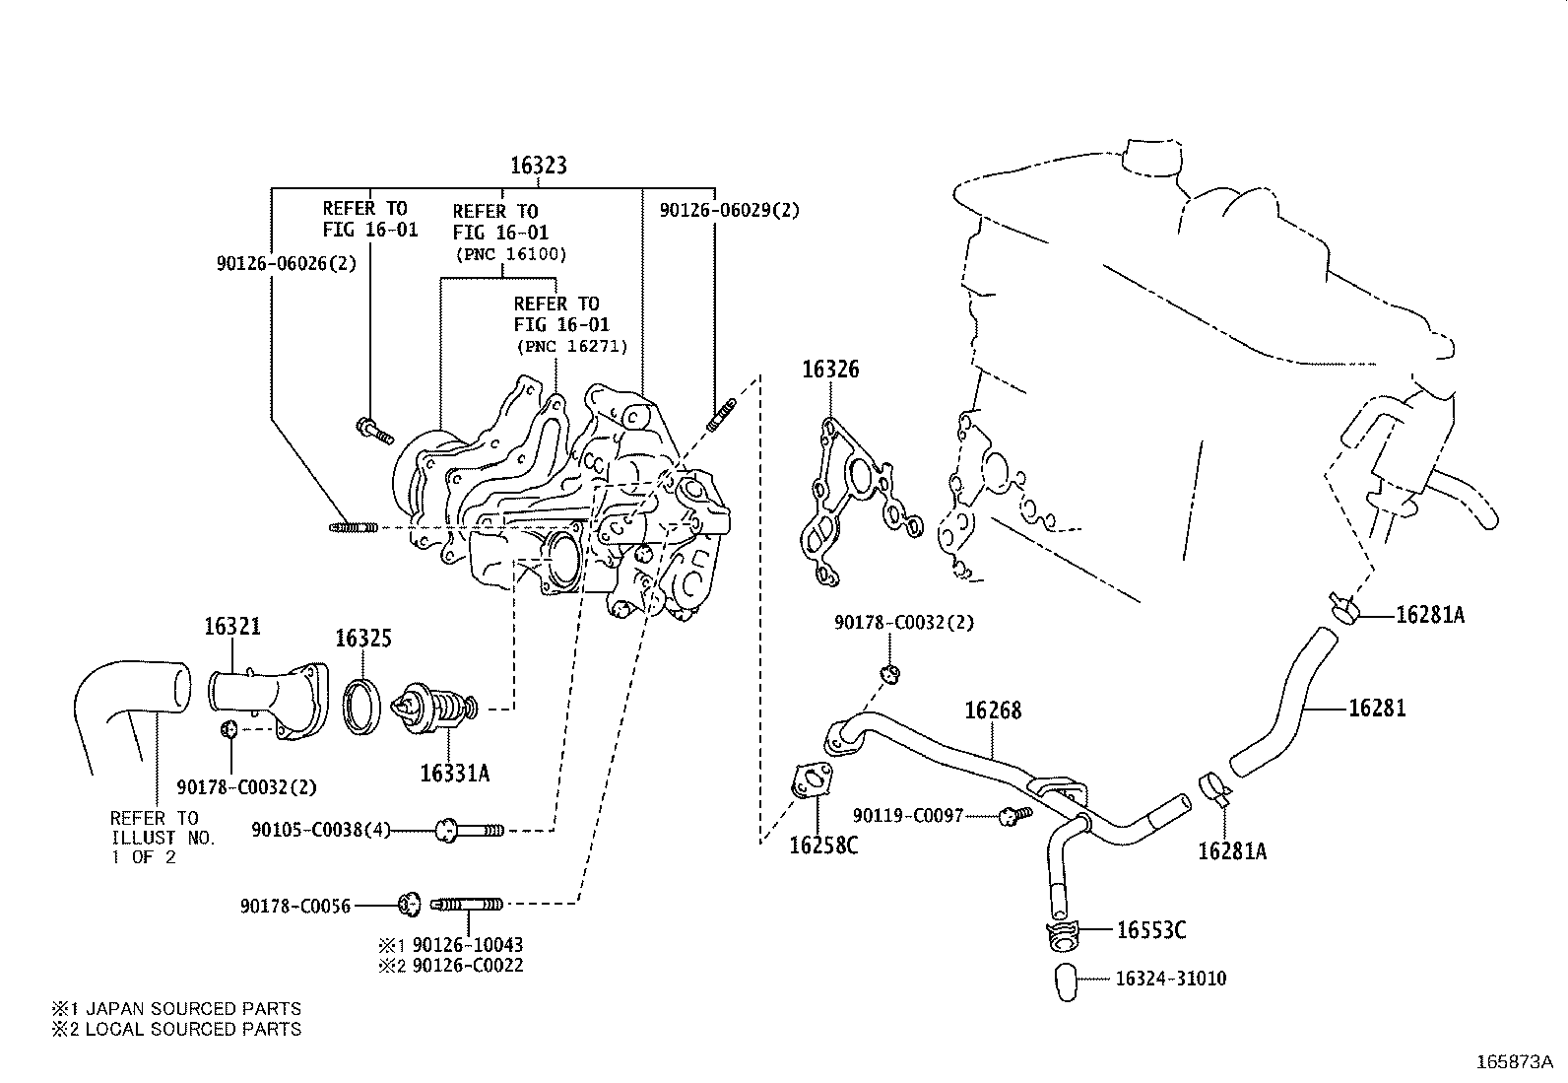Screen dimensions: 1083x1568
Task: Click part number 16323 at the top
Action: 538,166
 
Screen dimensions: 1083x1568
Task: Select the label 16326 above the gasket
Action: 829,370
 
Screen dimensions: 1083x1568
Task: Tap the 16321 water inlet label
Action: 232,627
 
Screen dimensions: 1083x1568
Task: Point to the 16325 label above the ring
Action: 363,639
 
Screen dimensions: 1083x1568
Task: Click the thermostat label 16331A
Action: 454,773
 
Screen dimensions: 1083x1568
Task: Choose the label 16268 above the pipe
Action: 993,711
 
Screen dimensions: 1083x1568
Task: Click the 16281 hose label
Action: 1377,708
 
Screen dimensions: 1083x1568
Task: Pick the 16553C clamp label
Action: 1150,930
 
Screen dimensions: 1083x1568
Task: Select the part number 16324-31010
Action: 1171,979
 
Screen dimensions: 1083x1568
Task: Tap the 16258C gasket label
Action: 823,846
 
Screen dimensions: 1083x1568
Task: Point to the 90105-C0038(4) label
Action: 320,830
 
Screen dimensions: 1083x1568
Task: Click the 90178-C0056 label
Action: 294,906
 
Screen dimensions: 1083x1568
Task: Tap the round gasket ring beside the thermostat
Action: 362,706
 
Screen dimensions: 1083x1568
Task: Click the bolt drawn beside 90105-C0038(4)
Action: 469,831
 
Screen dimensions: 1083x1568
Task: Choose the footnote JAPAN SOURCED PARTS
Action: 176,1008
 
